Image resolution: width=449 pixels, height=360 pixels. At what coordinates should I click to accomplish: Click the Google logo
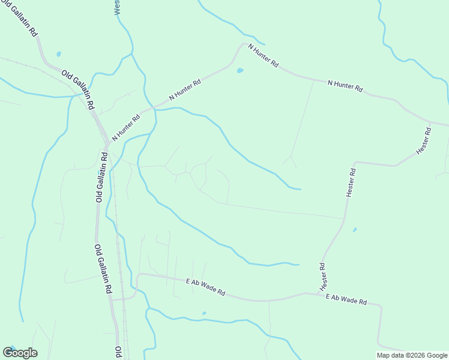(x=20, y=353)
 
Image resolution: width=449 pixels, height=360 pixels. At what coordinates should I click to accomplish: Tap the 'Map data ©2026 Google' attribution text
(x=412, y=355)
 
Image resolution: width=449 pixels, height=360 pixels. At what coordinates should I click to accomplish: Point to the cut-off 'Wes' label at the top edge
(x=117, y=7)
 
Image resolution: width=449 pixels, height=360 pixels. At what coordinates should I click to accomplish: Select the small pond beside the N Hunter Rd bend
(x=240, y=70)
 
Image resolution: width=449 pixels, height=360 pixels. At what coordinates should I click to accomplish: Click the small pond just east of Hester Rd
(x=355, y=229)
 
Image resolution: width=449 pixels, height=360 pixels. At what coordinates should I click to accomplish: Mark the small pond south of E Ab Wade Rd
(x=204, y=313)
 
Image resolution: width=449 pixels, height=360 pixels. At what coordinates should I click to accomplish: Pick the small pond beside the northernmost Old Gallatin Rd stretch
(x=58, y=53)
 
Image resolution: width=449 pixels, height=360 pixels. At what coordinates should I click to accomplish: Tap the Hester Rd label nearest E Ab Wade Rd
(x=322, y=274)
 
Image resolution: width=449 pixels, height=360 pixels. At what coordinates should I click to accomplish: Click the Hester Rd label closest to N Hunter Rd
(x=424, y=139)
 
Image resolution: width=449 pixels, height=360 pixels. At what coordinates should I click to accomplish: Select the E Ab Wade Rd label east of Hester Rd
(x=346, y=300)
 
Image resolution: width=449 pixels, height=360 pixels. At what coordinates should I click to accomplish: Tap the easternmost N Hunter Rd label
(x=345, y=86)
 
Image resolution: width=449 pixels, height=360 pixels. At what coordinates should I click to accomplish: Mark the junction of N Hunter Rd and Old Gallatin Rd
(x=107, y=145)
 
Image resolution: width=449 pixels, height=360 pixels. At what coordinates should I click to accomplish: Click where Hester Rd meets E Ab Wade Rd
(x=306, y=293)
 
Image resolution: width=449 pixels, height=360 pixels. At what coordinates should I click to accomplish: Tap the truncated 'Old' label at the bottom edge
(x=118, y=352)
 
